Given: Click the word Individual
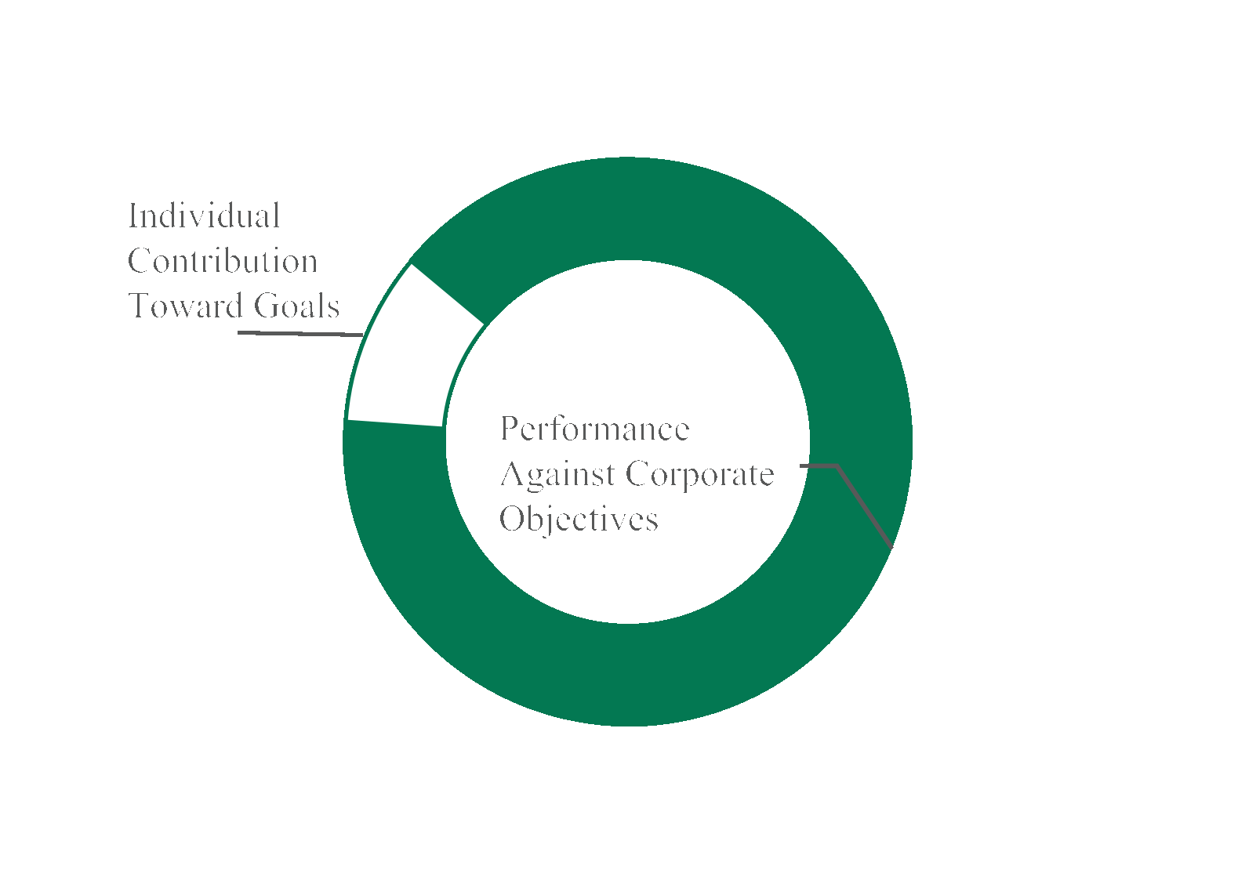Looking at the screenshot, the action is tap(204, 216).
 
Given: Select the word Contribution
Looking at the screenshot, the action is tap(223, 261).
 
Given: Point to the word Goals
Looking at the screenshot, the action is tap(296, 306).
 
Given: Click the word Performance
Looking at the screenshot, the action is tap(595, 429).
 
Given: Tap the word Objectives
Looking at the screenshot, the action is tap(579, 520).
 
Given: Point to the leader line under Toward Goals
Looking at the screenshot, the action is tap(300, 334).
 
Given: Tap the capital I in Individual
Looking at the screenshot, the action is tap(132, 216).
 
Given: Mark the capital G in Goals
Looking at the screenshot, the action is tap(266, 306).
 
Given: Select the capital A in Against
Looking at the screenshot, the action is tap(513, 474).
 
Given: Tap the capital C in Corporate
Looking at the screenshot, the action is tap(638, 474).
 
